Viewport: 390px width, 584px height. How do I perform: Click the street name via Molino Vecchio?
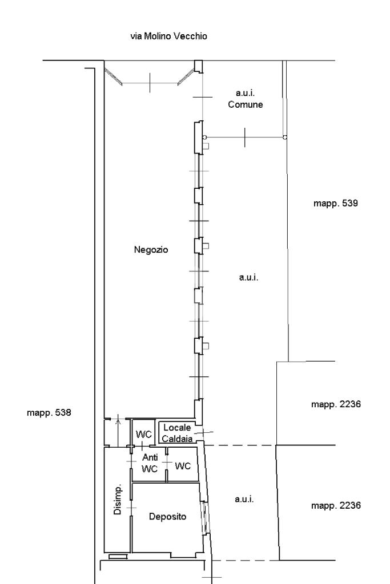(168, 36)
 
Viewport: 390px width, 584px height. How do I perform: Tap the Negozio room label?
(151, 250)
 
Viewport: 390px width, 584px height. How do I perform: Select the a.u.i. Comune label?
(246, 99)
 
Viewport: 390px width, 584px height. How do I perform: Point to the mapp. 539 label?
(336, 204)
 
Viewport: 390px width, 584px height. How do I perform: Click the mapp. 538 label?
(49, 413)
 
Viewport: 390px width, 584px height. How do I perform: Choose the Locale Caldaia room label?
(177, 433)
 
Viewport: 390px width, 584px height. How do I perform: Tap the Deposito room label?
(167, 517)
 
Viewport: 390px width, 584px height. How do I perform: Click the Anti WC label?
(150, 463)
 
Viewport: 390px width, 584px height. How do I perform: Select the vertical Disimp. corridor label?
(118, 500)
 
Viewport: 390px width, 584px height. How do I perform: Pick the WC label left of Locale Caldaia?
(143, 434)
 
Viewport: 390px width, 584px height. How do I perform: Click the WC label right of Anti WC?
(183, 466)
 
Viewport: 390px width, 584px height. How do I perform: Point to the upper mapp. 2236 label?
(336, 404)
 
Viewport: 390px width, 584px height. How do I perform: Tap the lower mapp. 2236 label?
(336, 505)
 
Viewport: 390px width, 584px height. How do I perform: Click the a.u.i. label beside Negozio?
(249, 278)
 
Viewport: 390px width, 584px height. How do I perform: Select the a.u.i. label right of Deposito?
(244, 499)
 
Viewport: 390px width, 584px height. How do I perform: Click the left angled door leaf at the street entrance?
(114, 77)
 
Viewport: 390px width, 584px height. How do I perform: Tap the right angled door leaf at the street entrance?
(186, 78)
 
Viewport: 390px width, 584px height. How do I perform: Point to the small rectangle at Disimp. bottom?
(118, 557)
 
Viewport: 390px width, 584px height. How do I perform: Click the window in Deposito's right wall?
(204, 518)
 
